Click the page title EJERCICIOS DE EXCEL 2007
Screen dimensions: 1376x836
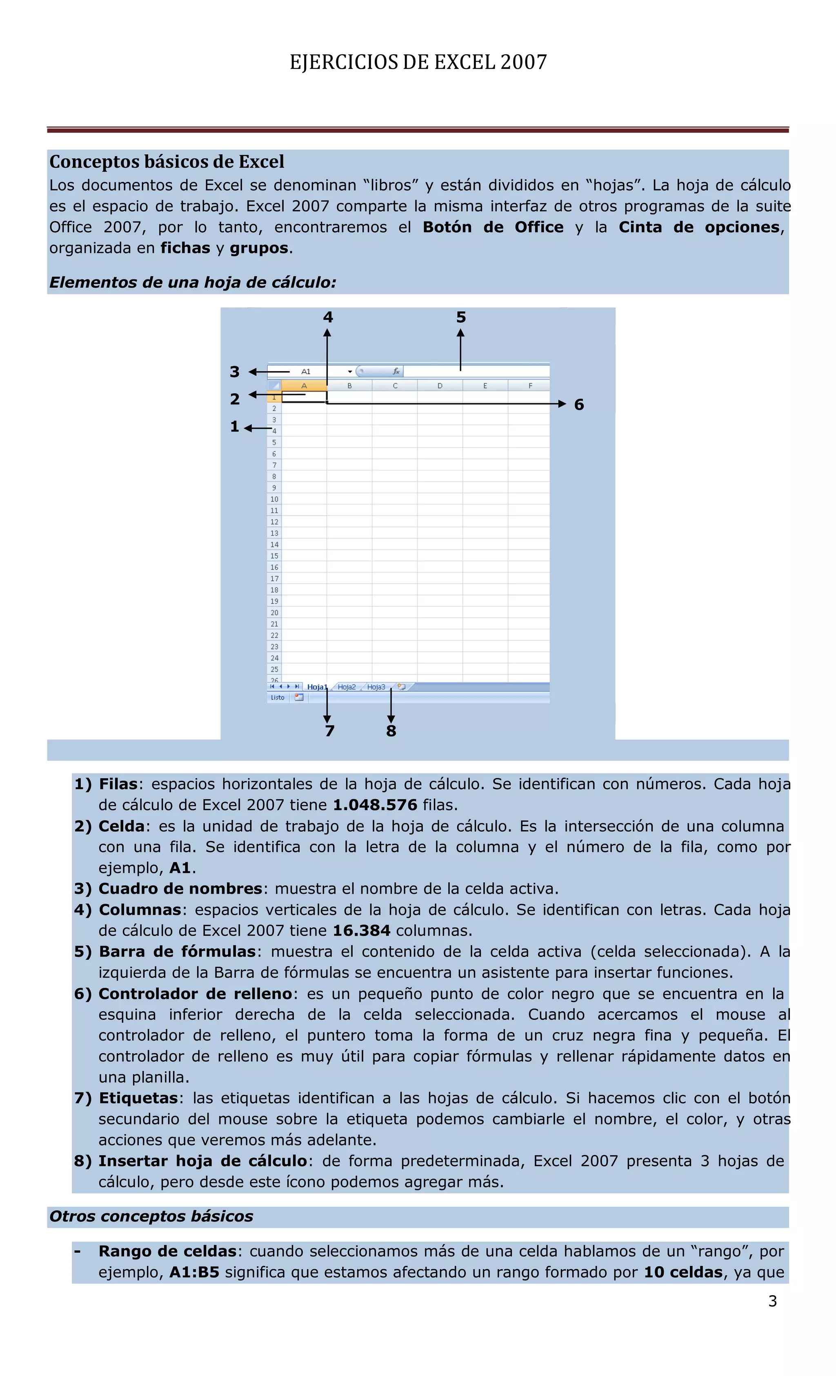click(x=418, y=62)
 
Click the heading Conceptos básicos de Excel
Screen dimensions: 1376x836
click(x=167, y=162)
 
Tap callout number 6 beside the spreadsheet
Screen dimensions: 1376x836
click(x=579, y=405)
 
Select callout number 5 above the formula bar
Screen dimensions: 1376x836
click(x=460, y=318)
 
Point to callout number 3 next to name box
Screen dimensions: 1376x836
click(x=235, y=372)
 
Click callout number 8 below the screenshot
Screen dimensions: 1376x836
click(x=391, y=731)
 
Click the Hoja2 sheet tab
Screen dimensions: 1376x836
click(x=347, y=687)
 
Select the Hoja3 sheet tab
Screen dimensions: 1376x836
click(x=376, y=687)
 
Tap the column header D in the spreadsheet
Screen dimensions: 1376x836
click(x=440, y=386)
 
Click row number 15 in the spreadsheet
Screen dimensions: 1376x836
click(x=274, y=556)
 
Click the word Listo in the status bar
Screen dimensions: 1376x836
click(x=278, y=698)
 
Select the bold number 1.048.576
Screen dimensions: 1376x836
click(x=375, y=805)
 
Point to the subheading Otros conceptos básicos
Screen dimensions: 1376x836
click(x=151, y=1216)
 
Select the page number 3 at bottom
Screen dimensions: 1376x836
click(x=772, y=1302)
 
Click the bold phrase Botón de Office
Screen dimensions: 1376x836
click(x=493, y=227)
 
